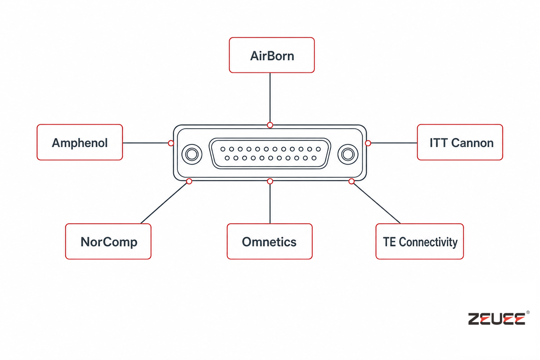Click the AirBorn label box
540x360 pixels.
coord(272,55)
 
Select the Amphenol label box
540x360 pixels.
coord(80,142)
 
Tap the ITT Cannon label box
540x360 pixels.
coord(460,142)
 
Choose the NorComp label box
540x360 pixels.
coord(108,241)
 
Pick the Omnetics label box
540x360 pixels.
coord(270,241)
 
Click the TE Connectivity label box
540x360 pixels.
coord(419,241)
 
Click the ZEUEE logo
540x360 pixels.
coord(497,319)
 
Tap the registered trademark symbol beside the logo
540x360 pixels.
coord(528,312)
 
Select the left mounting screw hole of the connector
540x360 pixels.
coord(192,154)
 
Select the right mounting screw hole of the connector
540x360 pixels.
coord(348,154)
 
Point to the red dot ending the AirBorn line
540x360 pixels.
coord(270,125)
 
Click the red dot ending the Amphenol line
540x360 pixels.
coord(171,143)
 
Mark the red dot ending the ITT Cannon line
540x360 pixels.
coord(368,143)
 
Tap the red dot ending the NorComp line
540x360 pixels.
coord(189,181)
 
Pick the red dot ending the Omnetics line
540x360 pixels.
coord(270,181)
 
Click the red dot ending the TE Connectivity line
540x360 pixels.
coord(351,181)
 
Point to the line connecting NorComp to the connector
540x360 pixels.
coord(164,203)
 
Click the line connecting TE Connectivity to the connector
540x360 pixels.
coord(377,203)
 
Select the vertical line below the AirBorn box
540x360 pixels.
coord(270,97)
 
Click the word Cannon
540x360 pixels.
coord(472,143)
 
